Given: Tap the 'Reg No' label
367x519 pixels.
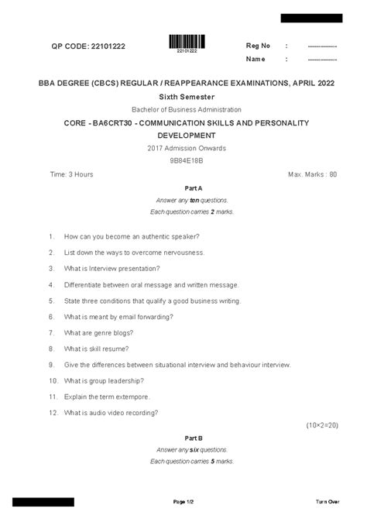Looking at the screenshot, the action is pos(258,46).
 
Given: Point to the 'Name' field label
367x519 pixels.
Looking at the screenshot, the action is pos(256,59).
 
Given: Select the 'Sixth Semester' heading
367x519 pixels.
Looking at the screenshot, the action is pos(183,96).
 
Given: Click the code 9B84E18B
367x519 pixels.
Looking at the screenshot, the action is pos(183,160).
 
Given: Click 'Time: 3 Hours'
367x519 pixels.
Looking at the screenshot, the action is pos(71,174).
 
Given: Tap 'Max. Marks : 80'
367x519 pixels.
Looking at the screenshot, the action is pos(312,174).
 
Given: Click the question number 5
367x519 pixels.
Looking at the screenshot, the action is pos(50,301).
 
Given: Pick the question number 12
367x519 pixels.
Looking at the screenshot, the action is pos(53,413).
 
